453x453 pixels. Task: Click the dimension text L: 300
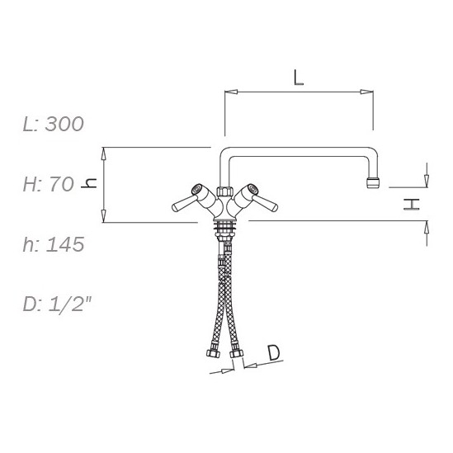point(54,124)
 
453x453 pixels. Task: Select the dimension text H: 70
point(48,184)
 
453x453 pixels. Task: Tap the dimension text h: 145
point(54,244)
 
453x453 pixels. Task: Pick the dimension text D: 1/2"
point(57,304)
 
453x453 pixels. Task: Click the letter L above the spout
point(299,78)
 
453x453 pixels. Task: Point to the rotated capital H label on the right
point(412,205)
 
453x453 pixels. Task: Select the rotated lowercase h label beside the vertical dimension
point(89,183)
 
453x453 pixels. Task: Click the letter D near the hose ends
point(274,353)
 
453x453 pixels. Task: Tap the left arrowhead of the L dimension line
point(231,92)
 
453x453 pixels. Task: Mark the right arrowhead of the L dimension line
point(366,92)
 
